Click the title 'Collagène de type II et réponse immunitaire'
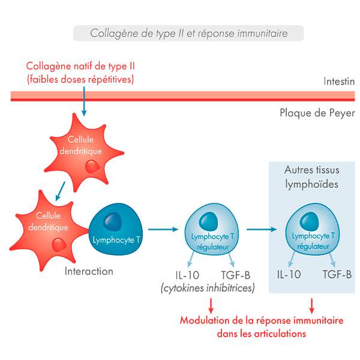click(188, 34)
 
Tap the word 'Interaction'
click(89, 271)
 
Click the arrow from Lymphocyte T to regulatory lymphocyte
click(163, 229)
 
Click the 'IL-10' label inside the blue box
click(289, 275)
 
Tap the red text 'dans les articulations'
click(261, 334)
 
